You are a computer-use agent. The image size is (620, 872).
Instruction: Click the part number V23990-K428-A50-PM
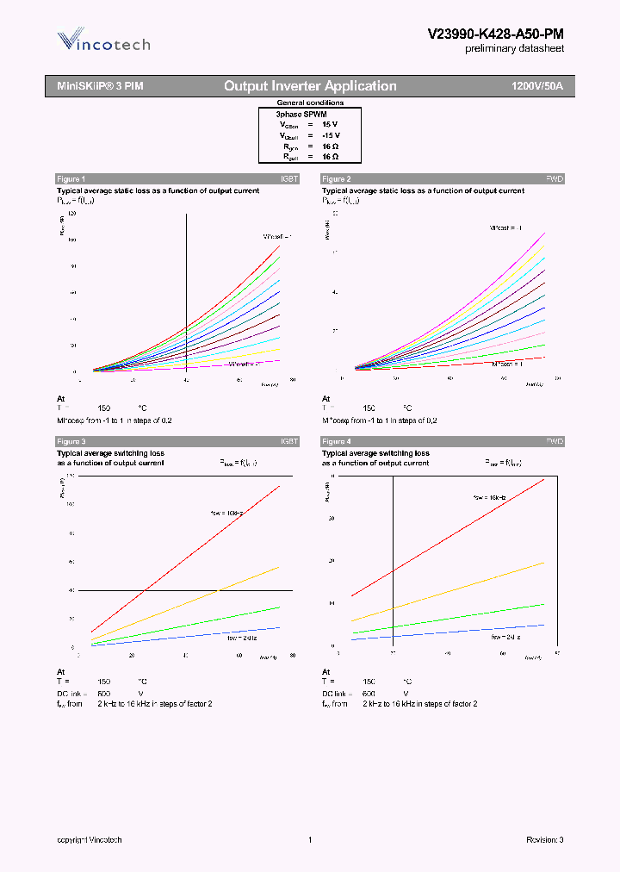point(495,34)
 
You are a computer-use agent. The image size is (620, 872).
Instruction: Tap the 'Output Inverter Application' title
point(310,86)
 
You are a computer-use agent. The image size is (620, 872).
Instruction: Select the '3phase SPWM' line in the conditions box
point(301,114)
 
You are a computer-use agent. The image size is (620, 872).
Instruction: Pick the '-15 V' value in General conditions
point(331,135)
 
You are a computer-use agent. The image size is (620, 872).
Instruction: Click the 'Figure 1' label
point(71,178)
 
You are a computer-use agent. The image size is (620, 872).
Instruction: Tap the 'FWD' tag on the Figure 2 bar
point(555,178)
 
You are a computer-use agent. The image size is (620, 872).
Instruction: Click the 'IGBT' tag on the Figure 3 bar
point(289,441)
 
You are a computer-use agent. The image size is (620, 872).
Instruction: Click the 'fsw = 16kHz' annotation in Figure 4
point(490,498)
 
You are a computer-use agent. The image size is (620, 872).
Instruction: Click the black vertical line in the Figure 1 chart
point(187,293)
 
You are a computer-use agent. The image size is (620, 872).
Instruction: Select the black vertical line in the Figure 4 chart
point(394,560)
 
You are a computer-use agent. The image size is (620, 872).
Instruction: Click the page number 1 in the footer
point(309,839)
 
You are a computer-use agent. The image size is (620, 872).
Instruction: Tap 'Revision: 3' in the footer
point(544,839)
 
